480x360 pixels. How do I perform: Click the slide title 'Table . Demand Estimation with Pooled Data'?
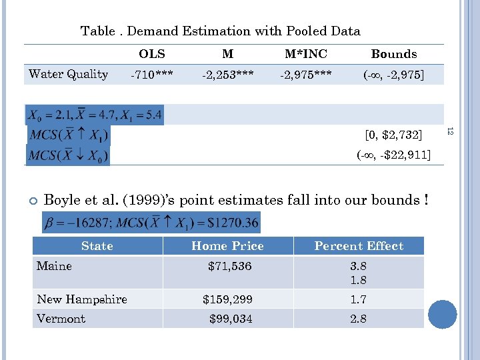point(220,31)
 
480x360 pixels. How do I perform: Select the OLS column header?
point(152,55)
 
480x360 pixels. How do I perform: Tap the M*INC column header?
point(307,55)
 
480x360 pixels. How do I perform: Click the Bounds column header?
point(394,55)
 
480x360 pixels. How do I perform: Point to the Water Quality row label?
point(68,74)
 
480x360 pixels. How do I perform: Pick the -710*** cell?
point(152,75)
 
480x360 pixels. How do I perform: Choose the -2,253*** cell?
point(227,75)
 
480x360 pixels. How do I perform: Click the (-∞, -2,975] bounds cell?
point(393,75)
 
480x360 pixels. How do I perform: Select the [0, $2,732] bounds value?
point(393,135)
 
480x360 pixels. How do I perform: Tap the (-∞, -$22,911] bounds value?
point(393,156)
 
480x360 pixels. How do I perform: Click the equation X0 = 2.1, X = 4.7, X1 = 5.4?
point(94,115)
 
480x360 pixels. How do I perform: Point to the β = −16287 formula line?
point(151,222)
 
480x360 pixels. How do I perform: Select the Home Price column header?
point(227,246)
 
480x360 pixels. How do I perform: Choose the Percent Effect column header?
point(359,246)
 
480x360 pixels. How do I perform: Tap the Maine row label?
point(54,266)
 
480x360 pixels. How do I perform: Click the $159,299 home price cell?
point(227,299)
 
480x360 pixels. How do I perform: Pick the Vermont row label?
point(61,319)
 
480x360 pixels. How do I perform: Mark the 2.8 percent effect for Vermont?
point(359,319)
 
